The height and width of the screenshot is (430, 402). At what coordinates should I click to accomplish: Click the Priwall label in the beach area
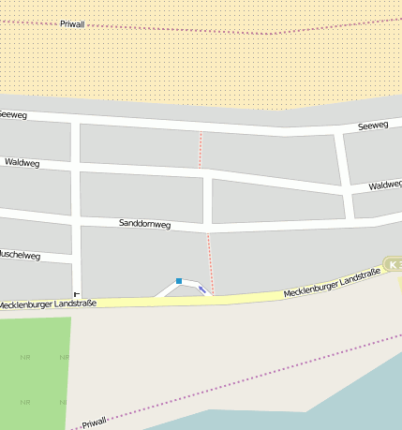[x=72, y=23]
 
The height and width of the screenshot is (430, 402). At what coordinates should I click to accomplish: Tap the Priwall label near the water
[x=95, y=423]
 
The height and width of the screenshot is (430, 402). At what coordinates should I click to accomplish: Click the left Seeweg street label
[x=13, y=114]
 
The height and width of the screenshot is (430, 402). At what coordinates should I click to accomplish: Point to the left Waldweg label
[x=21, y=162]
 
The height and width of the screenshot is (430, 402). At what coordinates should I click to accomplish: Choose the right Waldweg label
[x=384, y=185]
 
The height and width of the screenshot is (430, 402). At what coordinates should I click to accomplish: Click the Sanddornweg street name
[x=144, y=224]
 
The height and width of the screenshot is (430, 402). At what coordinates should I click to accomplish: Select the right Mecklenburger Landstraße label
[x=334, y=285]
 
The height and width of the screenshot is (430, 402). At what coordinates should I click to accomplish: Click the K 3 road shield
[x=393, y=265]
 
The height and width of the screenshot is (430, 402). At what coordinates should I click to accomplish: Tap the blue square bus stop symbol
[x=179, y=281]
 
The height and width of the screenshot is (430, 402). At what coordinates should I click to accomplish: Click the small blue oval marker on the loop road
[x=202, y=289]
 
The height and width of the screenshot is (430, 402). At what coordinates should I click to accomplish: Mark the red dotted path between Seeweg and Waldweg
[x=200, y=150]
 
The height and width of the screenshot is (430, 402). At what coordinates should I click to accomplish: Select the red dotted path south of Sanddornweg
[x=209, y=262]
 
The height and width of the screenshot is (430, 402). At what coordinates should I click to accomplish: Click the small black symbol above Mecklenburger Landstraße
[x=77, y=295]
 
